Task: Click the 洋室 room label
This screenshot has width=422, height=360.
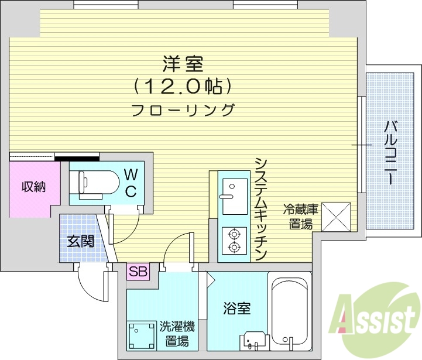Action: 183,63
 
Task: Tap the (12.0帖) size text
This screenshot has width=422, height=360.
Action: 183,87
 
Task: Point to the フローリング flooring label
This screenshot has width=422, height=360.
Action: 183,110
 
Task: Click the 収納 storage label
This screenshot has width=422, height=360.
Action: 33,187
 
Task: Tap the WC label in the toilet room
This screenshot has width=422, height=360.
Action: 131,182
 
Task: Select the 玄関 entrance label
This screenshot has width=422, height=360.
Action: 80,241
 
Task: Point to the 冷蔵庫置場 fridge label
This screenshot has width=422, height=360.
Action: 300,216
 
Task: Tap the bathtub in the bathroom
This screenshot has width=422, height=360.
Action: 287,307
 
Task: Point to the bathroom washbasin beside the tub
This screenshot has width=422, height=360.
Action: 254,341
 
